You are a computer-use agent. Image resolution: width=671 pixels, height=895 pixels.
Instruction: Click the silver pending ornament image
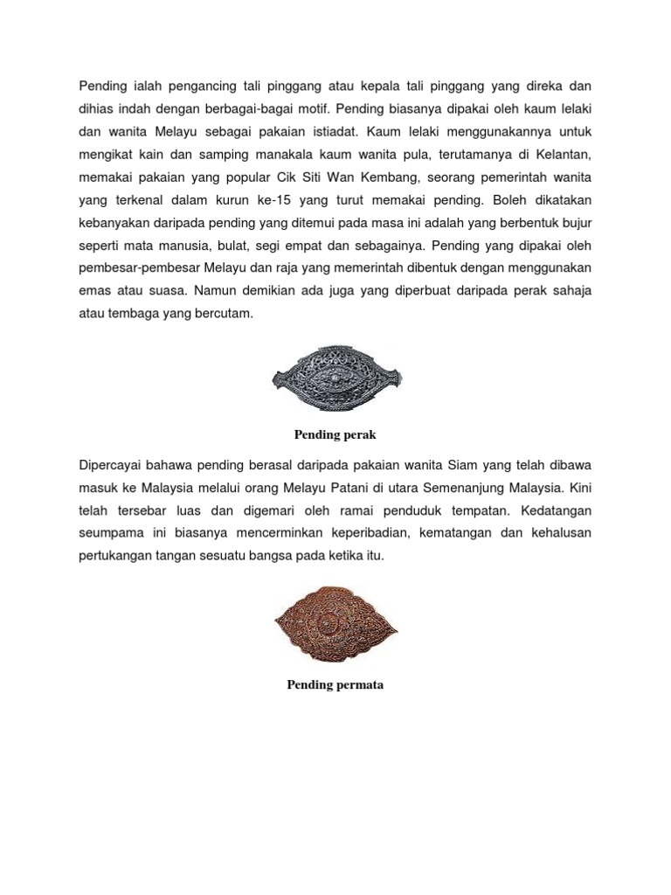click(x=335, y=378)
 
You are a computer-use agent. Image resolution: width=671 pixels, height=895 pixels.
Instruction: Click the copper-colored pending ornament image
click(x=335, y=623)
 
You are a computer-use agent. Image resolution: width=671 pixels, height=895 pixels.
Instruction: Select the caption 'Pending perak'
click(x=335, y=434)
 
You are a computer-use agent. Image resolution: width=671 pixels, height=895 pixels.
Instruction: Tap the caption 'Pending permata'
click(x=335, y=684)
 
